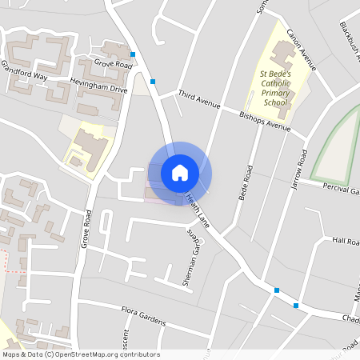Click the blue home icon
point(180,172)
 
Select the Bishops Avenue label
point(265,120)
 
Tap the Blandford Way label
point(24,71)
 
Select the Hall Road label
point(346,241)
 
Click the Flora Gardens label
point(143,316)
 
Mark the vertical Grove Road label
point(86,229)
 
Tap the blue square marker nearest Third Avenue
point(153,81)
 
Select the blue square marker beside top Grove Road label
point(133,55)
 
